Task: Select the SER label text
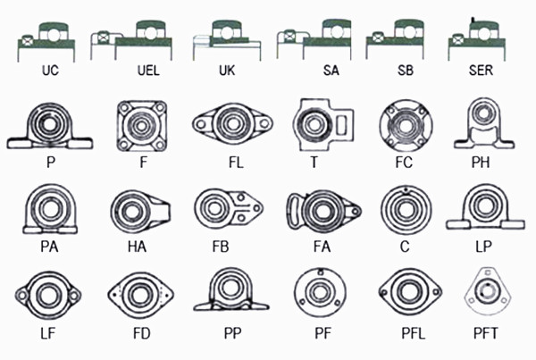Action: click(483, 70)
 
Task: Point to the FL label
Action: click(235, 163)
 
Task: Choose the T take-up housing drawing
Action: click(320, 127)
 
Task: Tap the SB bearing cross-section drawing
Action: click(396, 39)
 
